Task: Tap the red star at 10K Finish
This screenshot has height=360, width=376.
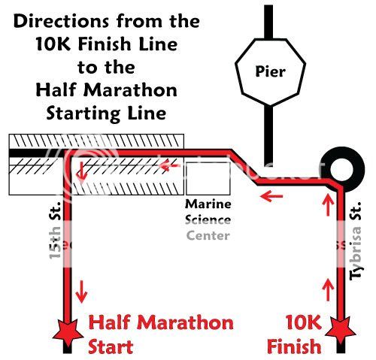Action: tap(340, 331)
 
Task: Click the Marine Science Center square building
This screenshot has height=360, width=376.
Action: tap(208, 178)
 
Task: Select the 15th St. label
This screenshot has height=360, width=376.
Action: tap(55, 230)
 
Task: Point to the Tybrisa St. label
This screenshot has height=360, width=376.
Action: tap(355, 241)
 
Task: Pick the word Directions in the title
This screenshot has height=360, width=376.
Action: tap(61, 22)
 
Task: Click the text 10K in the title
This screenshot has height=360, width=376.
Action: tap(54, 44)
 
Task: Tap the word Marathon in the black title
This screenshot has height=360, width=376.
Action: tap(130, 90)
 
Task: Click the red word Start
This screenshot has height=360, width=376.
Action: tap(111, 346)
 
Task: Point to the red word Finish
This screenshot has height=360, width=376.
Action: tap(294, 346)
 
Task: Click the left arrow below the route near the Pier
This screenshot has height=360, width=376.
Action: tap(271, 195)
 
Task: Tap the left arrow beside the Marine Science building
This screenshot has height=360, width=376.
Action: tap(170, 165)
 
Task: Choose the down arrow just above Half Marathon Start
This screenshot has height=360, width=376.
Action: tap(81, 292)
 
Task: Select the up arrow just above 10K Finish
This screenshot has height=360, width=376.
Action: tap(328, 289)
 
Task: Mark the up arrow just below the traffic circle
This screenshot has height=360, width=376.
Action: tap(328, 204)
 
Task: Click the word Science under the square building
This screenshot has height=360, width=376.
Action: tap(208, 220)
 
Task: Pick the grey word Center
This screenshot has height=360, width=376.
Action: tap(208, 236)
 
